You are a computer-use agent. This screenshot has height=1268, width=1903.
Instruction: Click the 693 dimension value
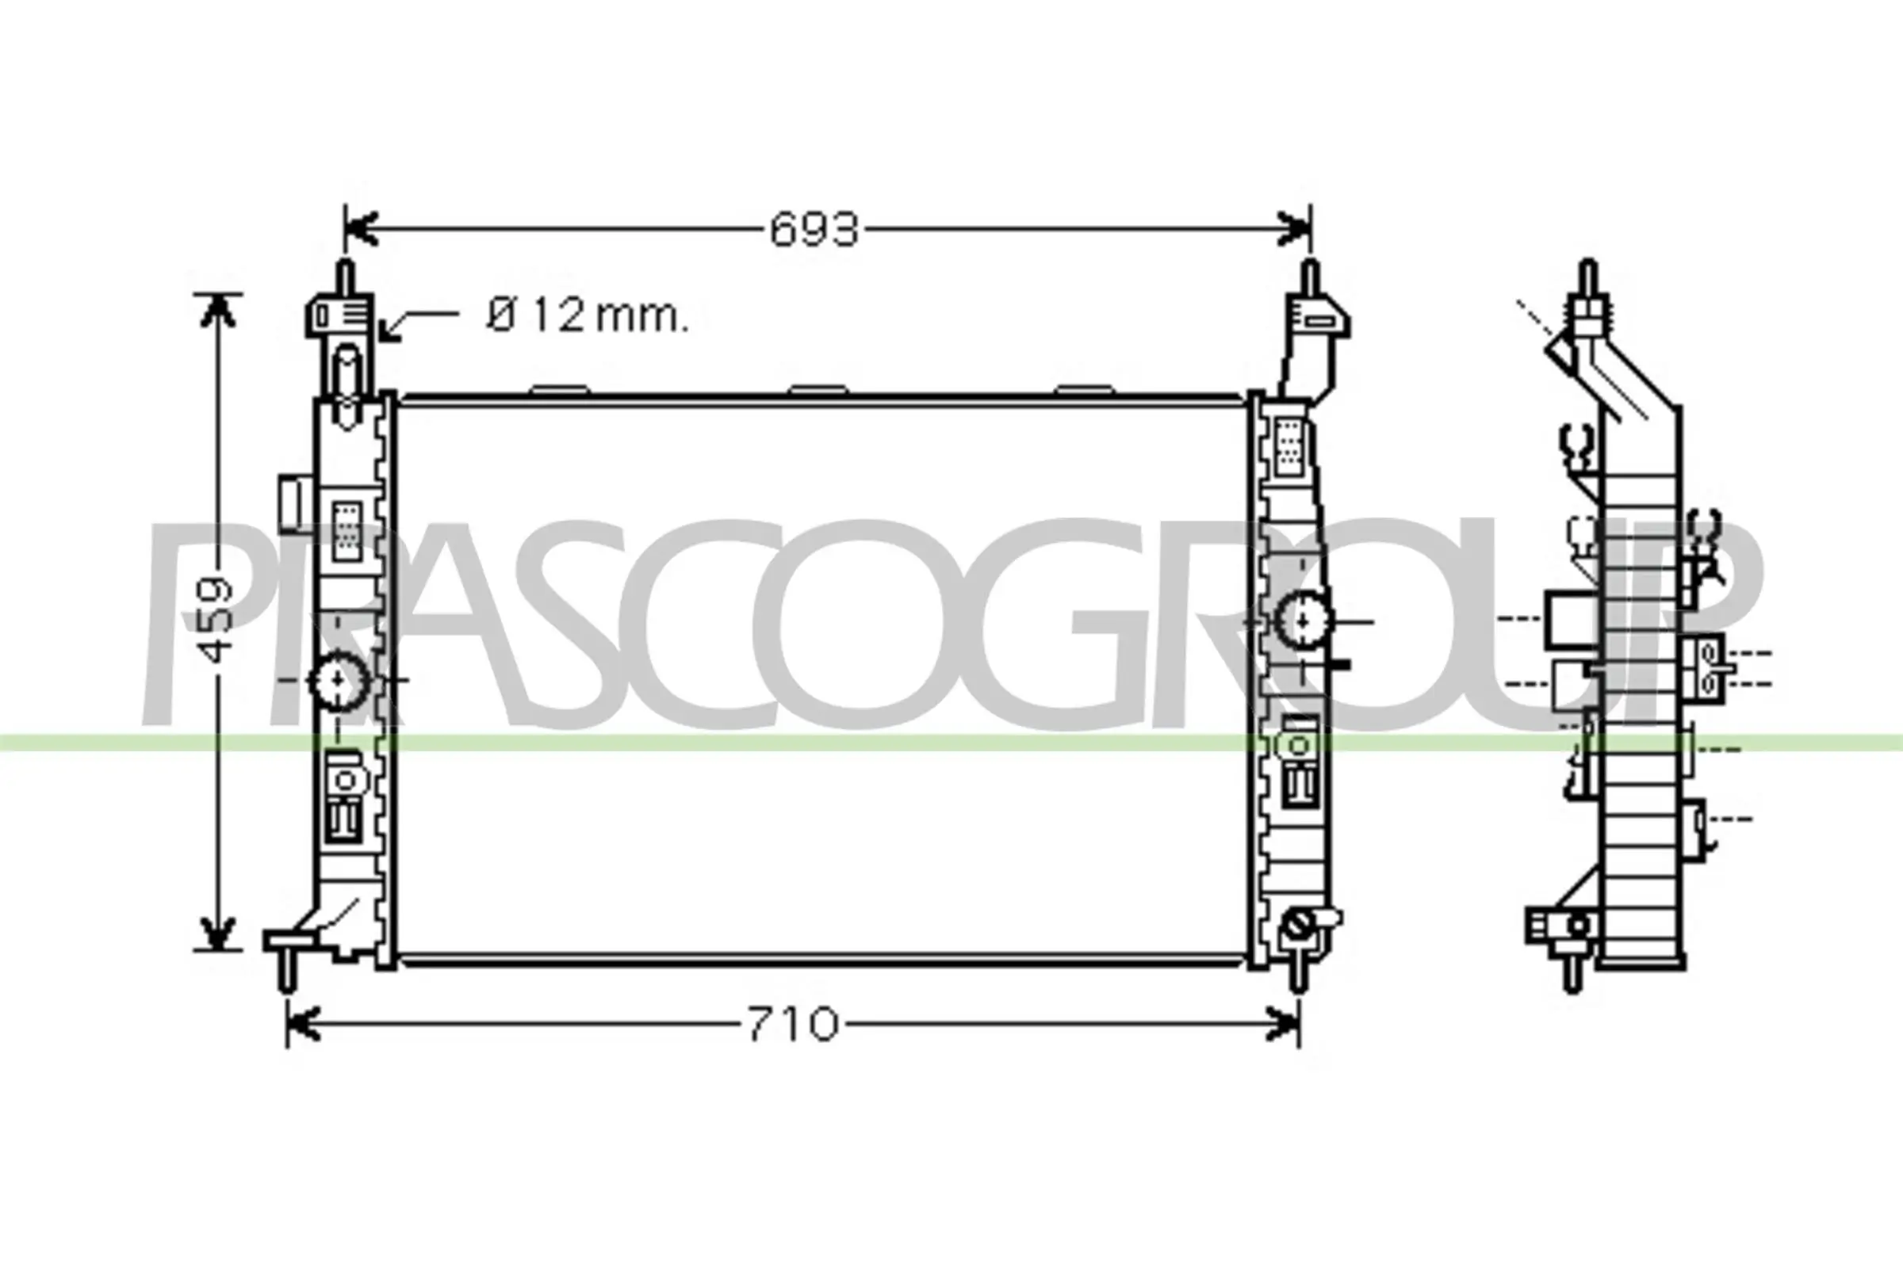(814, 231)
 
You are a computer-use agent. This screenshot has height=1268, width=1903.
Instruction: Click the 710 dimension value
(792, 1025)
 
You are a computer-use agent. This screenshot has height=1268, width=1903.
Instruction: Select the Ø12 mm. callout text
(588, 315)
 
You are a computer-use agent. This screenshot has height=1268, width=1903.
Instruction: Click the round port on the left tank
(339, 682)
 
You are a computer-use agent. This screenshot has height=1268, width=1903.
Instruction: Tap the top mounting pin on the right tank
(1309, 279)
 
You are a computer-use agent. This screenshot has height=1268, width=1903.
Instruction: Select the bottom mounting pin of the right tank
(1298, 977)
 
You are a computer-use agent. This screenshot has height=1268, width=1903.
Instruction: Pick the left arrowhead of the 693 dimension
(361, 230)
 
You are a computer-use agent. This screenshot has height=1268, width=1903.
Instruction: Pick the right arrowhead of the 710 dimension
(1285, 1025)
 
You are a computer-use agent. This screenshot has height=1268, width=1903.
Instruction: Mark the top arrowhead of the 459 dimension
(216, 311)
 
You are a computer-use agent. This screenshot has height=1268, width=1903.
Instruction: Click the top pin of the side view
(1587, 279)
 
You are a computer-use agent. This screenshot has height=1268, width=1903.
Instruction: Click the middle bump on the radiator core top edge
(819, 390)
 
